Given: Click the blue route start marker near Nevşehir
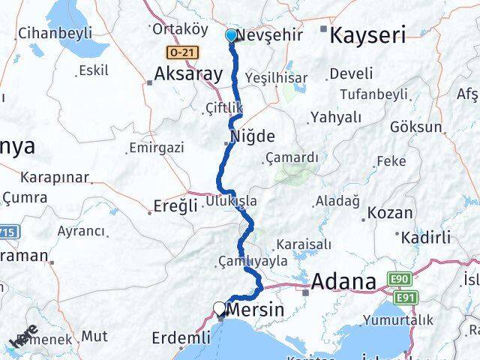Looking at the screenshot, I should (x=230, y=35).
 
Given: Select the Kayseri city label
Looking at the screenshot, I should (x=368, y=34).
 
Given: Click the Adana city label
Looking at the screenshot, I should (x=343, y=282).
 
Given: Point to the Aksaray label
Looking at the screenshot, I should (x=188, y=73).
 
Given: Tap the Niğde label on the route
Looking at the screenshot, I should (x=252, y=136).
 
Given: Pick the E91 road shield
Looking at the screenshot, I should (x=406, y=298).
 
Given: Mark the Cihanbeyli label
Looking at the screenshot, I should (x=55, y=33).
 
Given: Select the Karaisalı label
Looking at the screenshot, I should (x=302, y=244).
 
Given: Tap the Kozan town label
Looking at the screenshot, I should (x=391, y=213).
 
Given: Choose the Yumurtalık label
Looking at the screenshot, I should (x=397, y=320).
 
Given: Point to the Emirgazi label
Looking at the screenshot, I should (x=156, y=147).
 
